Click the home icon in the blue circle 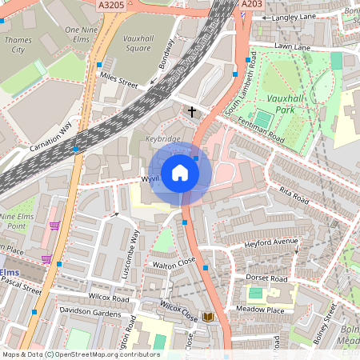180,172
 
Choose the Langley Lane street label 297,17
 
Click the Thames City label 18,44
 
